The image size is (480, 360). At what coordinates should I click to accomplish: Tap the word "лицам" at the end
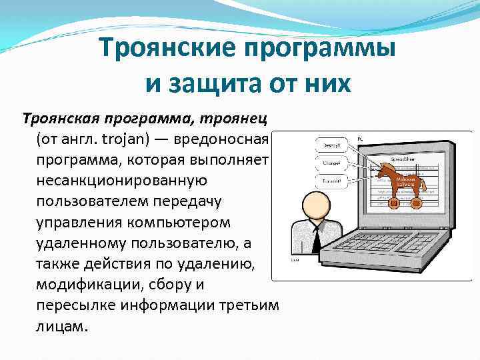point(63,327)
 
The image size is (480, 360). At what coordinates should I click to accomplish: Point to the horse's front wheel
point(393,203)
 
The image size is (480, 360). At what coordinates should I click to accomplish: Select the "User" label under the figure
point(295,261)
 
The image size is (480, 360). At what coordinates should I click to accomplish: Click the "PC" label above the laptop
point(361,138)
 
